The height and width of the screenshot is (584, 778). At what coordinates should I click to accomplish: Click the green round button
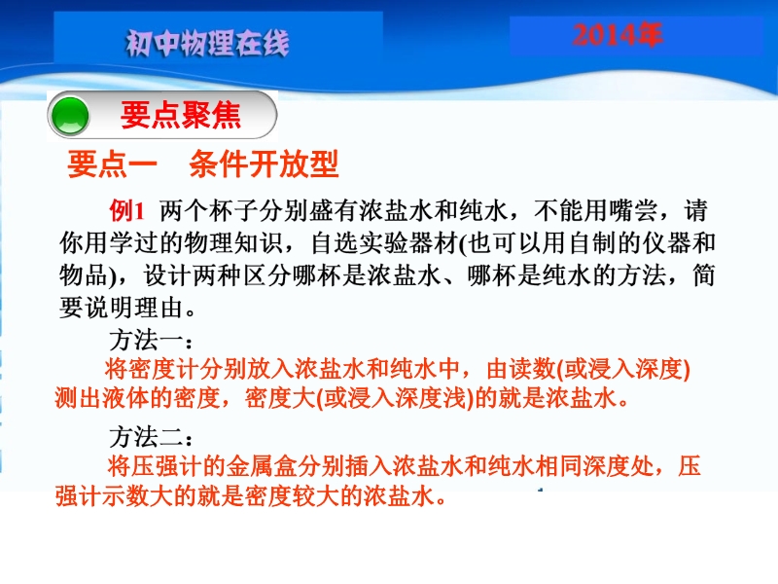pos(70,116)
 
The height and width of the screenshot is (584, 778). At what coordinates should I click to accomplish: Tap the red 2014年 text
pos(618,35)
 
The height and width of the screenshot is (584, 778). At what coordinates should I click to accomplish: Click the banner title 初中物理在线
pos(207,43)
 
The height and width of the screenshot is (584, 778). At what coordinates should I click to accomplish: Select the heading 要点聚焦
pos(181,115)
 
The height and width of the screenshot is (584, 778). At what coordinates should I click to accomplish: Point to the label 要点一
pos(112,164)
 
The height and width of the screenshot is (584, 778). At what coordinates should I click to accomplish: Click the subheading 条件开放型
pos(264,164)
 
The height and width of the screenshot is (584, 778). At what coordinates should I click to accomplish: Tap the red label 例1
pos(127,210)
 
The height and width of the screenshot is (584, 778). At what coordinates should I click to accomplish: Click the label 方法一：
pos(151,341)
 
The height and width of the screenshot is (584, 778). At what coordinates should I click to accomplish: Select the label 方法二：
pos(151,437)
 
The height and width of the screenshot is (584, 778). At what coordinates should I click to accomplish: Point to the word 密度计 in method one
pos(164,370)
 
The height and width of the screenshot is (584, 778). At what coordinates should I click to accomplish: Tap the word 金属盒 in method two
pos(262,466)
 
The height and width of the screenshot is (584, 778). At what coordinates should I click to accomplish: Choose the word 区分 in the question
pos(268,275)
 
